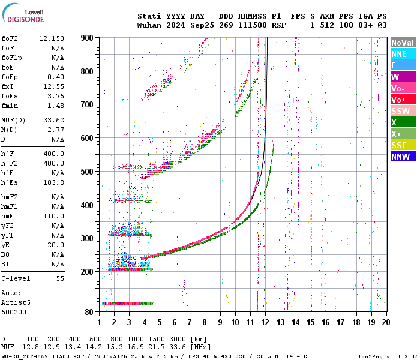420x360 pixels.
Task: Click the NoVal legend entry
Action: [403, 43]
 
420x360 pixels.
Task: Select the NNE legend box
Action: [403, 54]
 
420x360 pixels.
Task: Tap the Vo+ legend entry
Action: [403, 100]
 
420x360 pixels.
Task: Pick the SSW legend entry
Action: [403, 111]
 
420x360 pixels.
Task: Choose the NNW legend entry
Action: [403, 157]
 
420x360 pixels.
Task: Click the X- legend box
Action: [403, 122]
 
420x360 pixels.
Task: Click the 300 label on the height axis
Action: [88, 238]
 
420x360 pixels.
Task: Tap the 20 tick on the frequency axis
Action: [386, 322]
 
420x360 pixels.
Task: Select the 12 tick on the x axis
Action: [265, 322]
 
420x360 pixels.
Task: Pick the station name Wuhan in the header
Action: [149, 25]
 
